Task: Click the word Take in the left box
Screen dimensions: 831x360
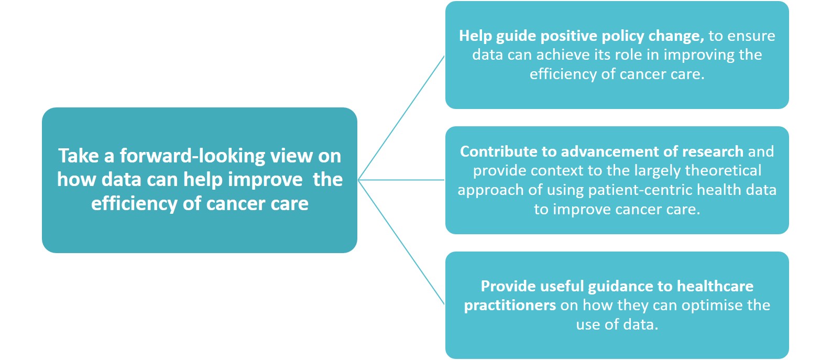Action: tap(78, 156)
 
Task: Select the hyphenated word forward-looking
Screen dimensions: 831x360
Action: tap(192, 156)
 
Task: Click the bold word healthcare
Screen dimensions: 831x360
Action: tap(715, 287)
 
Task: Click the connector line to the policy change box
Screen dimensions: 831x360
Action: tap(401, 118)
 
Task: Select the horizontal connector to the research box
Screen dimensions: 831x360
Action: tap(401, 180)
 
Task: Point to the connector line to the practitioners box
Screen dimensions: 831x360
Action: tap(401, 242)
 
